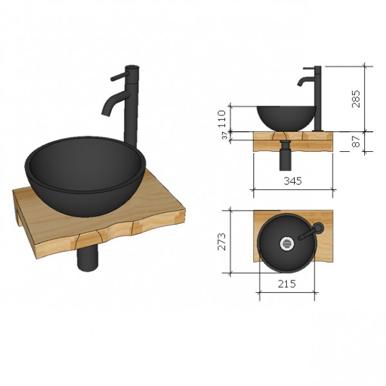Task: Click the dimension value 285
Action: [x=356, y=98]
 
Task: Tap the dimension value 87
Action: [x=356, y=142]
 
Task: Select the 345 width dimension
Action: [x=293, y=181]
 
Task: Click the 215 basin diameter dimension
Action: [x=287, y=284]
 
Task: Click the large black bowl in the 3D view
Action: [x=84, y=174]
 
